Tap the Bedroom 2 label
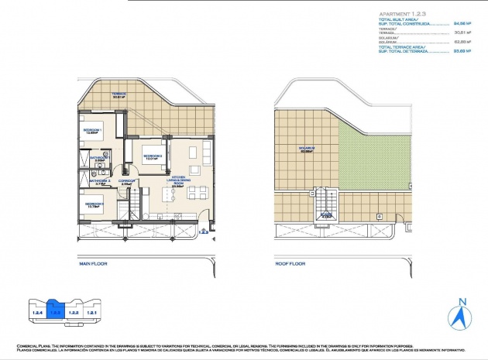click(x=152, y=156)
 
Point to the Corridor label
click(x=128, y=182)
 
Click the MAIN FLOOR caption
click(x=94, y=264)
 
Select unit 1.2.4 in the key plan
click(x=36, y=312)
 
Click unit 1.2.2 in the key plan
click(x=74, y=312)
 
